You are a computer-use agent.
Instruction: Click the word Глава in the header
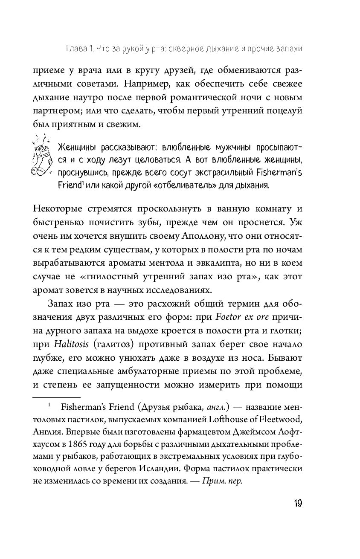[x=70, y=49]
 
